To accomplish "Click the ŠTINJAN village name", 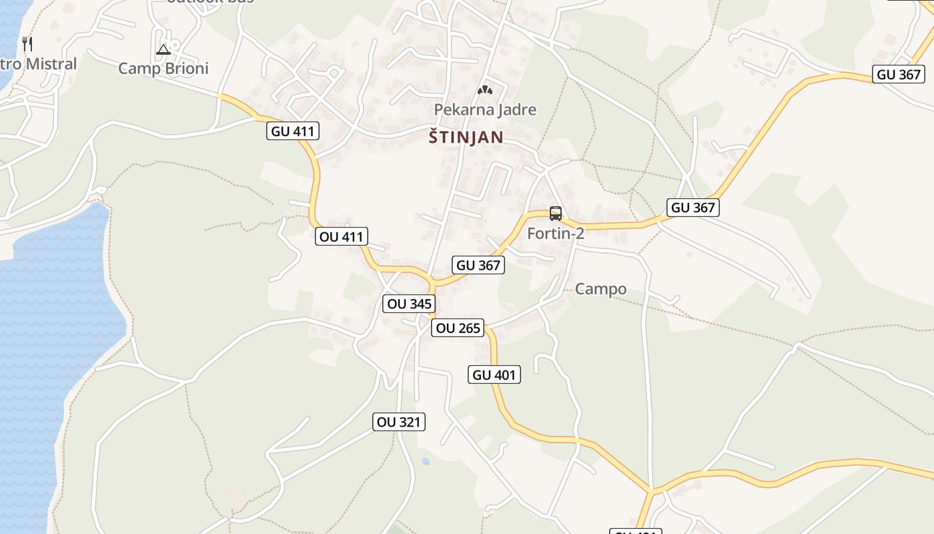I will click(x=466, y=138).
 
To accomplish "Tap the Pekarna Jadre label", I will click(x=485, y=109).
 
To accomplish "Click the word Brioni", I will click(x=184, y=68).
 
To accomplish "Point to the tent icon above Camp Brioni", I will click(x=163, y=49).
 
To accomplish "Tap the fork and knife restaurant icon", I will click(x=27, y=44).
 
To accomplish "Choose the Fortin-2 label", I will click(x=555, y=234).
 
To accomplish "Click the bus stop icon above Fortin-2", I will click(x=556, y=214).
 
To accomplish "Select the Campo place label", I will click(x=600, y=289).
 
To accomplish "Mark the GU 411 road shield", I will click(x=294, y=131).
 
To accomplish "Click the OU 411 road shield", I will click(x=341, y=236).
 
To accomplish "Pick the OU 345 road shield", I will click(x=410, y=304).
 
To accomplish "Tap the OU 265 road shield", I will click(x=457, y=328).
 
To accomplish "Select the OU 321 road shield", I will click(x=398, y=422).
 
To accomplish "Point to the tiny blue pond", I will click(x=426, y=461).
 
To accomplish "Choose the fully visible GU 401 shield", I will click(x=494, y=374).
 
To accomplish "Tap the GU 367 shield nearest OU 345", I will click(x=478, y=265).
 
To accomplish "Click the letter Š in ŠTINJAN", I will click(x=434, y=137).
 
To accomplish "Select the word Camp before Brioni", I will click(x=138, y=68).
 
